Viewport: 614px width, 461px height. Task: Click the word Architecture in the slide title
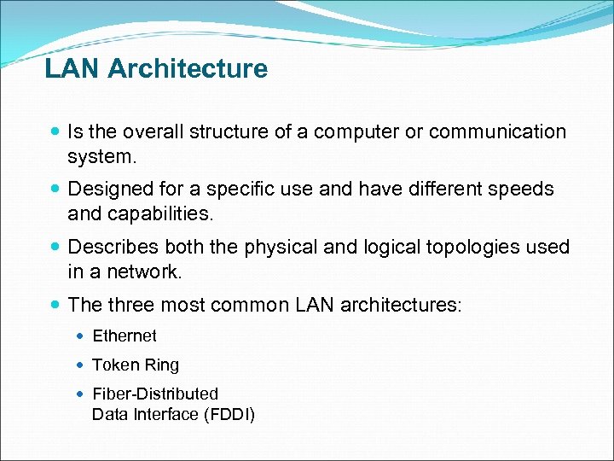click(189, 68)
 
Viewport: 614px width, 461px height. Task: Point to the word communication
click(497, 131)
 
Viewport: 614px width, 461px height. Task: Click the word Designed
click(107, 189)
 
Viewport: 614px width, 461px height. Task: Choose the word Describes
click(111, 247)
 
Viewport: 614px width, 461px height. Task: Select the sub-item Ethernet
click(125, 336)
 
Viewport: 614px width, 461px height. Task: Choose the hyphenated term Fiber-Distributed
click(155, 394)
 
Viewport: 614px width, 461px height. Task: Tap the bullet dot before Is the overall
click(55, 132)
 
